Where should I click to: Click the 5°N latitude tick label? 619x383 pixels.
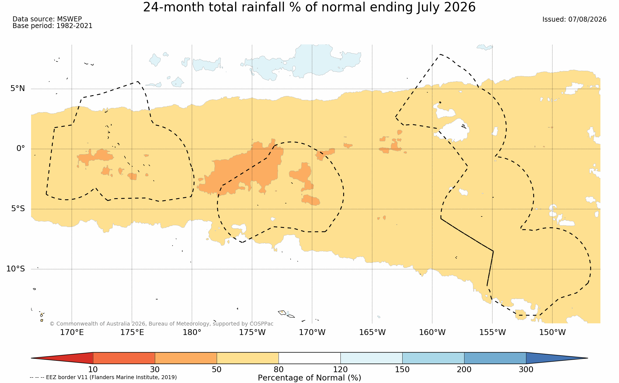click(x=18, y=89)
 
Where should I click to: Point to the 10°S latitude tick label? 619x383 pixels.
click(x=16, y=269)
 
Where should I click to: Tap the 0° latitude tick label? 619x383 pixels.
click(x=21, y=148)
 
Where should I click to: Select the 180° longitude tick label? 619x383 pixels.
click(x=192, y=332)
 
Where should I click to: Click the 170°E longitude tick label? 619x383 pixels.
click(x=72, y=332)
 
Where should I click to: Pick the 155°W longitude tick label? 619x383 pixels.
click(x=492, y=332)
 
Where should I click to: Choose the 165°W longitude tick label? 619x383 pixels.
click(x=372, y=332)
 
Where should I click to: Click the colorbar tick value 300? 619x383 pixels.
click(x=526, y=370)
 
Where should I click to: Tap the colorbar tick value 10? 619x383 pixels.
click(x=93, y=370)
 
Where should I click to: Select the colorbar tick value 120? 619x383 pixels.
click(x=340, y=370)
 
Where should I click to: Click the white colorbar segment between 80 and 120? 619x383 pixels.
click(x=310, y=358)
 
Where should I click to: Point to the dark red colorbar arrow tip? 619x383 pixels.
click(x=32, y=358)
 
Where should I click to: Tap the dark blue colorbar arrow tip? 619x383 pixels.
click(x=587, y=358)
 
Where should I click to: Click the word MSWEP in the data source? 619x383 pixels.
click(x=69, y=19)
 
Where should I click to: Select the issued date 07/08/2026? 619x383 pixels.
click(x=587, y=19)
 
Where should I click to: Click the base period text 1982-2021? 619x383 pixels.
click(x=74, y=26)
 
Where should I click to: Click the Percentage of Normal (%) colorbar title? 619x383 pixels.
click(x=309, y=378)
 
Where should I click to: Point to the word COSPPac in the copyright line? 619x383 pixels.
click(x=261, y=324)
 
